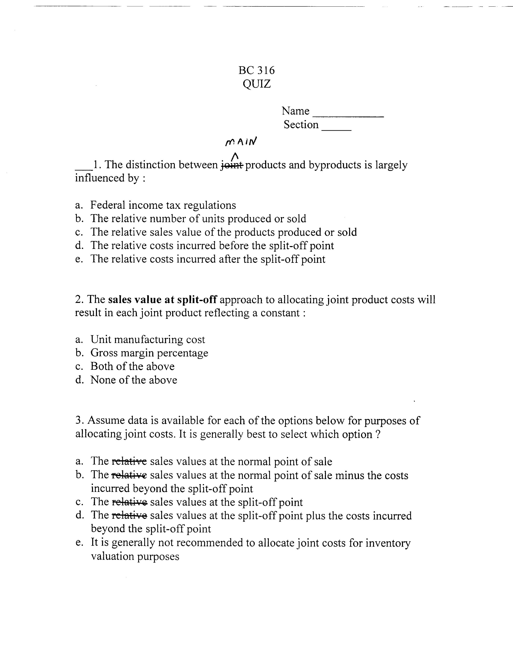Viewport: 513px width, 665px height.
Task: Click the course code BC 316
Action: click(256, 70)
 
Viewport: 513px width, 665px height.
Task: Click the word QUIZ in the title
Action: click(256, 84)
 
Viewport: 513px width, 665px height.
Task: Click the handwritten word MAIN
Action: click(241, 141)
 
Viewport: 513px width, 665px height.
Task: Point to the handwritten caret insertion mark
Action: click(235, 156)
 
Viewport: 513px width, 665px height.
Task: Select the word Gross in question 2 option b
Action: click(104, 353)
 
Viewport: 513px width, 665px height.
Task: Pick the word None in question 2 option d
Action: click(103, 380)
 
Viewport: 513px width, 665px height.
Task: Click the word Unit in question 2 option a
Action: click(101, 339)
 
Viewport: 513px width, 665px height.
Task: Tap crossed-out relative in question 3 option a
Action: click(129, 461)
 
